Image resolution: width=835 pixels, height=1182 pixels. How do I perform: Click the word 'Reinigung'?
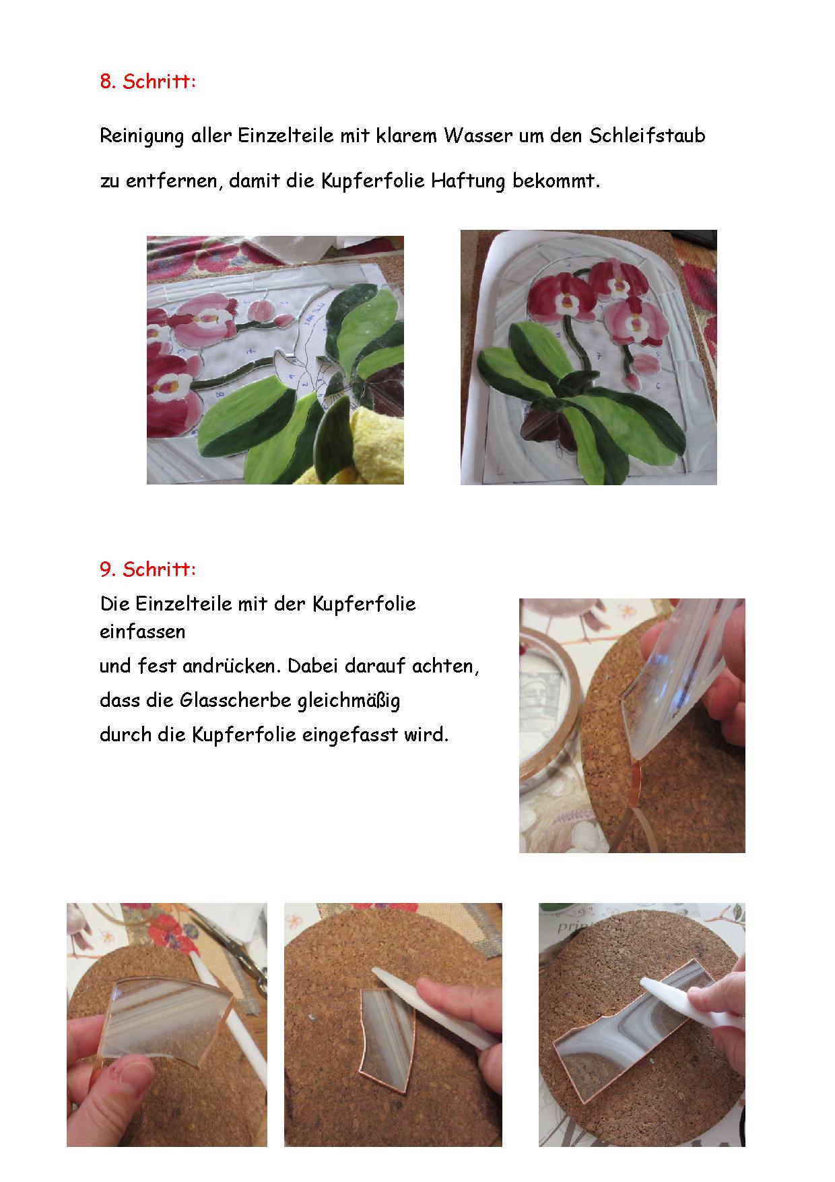pos(141,136)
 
